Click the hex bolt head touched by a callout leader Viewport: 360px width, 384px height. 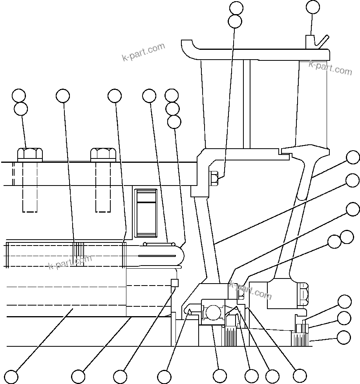coord(30,154)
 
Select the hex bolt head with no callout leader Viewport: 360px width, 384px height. coord(103,154)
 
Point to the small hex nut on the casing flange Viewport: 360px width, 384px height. coord(215,178)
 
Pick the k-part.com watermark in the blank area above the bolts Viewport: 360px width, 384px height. coord(143,52)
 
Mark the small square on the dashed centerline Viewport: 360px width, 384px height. coord(175,283)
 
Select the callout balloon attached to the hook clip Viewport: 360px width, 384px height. coord(312,7)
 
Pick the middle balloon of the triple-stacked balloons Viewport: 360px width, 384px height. coord(172,108)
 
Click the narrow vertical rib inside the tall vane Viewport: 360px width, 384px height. coord(247,104)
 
